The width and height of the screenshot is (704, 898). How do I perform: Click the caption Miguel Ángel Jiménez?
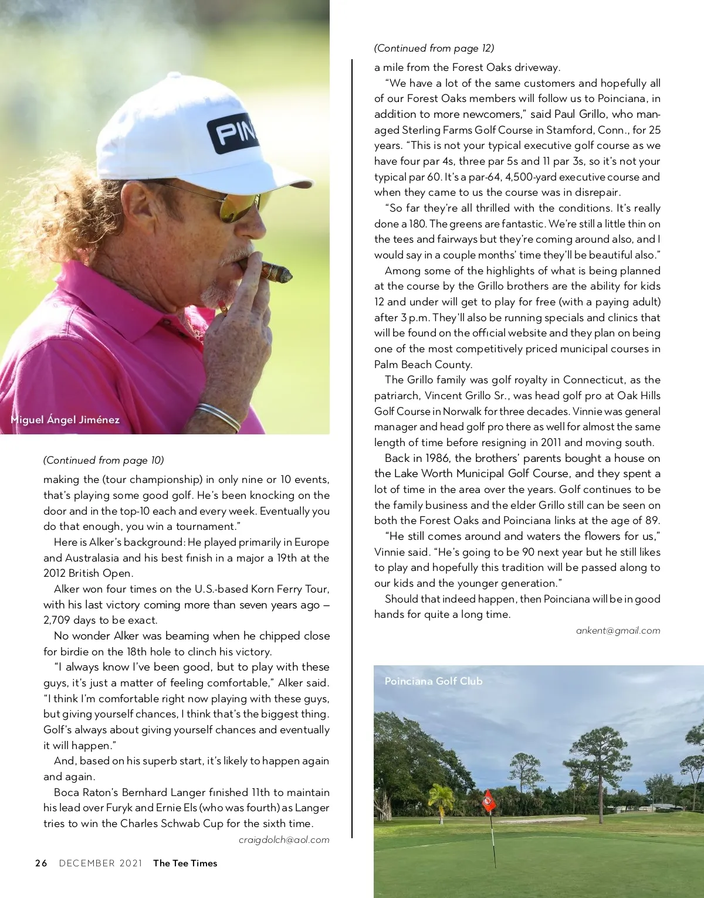point(65,420)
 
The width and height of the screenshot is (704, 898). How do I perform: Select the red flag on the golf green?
point(488,801)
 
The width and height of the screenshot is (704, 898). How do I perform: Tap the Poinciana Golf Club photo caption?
point(434,681)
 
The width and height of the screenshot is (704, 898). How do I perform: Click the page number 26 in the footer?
point(41,863)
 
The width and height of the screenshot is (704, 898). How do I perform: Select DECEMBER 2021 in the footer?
point(100,863)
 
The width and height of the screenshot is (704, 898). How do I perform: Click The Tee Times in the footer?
point(185,863)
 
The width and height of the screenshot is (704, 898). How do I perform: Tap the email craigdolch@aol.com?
point(284,840)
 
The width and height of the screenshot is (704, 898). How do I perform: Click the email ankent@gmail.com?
point(618,631)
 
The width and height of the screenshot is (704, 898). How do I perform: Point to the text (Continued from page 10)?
point(103,460)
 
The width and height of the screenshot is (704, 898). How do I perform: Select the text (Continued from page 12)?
point(434,48)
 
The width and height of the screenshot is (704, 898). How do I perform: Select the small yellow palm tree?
point(441,798)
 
